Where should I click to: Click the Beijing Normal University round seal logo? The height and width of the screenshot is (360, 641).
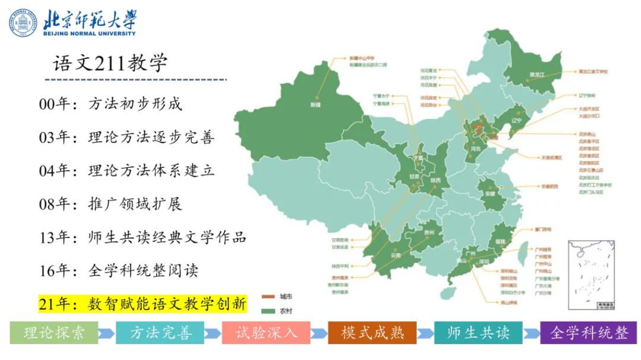[x=23, y=23]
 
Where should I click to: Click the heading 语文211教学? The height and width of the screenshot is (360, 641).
[x=110, y=63]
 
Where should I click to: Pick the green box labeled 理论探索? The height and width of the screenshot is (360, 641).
[x=54, y=333]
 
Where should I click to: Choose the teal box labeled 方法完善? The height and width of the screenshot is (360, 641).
[x=160, y=333]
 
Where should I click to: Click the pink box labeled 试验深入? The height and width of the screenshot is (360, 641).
[x=266, y=333]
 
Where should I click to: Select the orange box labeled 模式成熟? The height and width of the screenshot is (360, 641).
[x=372, y=333]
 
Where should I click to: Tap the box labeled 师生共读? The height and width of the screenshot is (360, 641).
[x=478, y=333]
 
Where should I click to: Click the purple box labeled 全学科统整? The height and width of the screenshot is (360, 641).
[x=588, y=333]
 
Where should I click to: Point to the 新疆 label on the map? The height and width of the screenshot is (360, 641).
[x=315, y=104]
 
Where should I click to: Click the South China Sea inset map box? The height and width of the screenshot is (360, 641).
[x=591, y=275]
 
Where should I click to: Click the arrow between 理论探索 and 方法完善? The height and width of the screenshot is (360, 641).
[x=107, y=333]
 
